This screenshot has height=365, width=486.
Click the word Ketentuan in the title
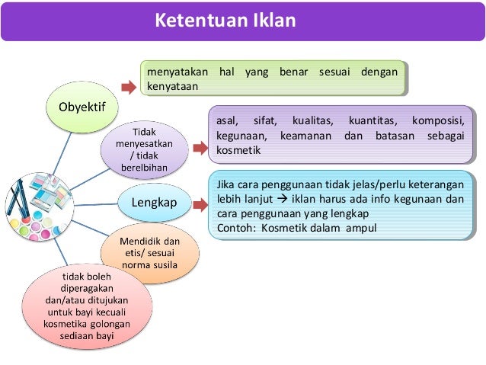click(197, 21)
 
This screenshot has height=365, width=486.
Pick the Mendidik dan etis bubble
click(150, 254)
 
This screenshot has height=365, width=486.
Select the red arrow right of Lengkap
click(200, 203)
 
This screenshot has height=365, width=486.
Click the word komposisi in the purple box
click(438, 120)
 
